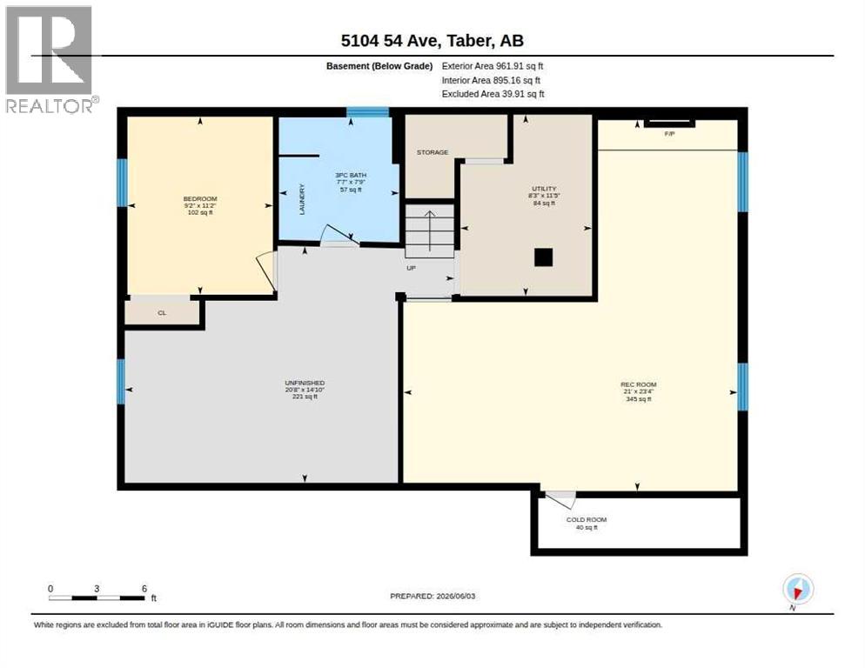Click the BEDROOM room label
200,198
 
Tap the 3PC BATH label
351,175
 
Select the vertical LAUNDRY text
302,199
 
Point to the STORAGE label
432,152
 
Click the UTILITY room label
544,189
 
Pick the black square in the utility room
543,257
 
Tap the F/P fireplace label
670,134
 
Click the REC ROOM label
638,384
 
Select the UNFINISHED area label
305,383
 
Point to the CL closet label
162,313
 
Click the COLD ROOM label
587,519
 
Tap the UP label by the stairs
411,268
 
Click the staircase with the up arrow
430,230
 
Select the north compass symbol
798,589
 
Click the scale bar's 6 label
144,589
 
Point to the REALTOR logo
50,59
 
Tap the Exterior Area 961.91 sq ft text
493,66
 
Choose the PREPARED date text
432,597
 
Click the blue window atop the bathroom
367,112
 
